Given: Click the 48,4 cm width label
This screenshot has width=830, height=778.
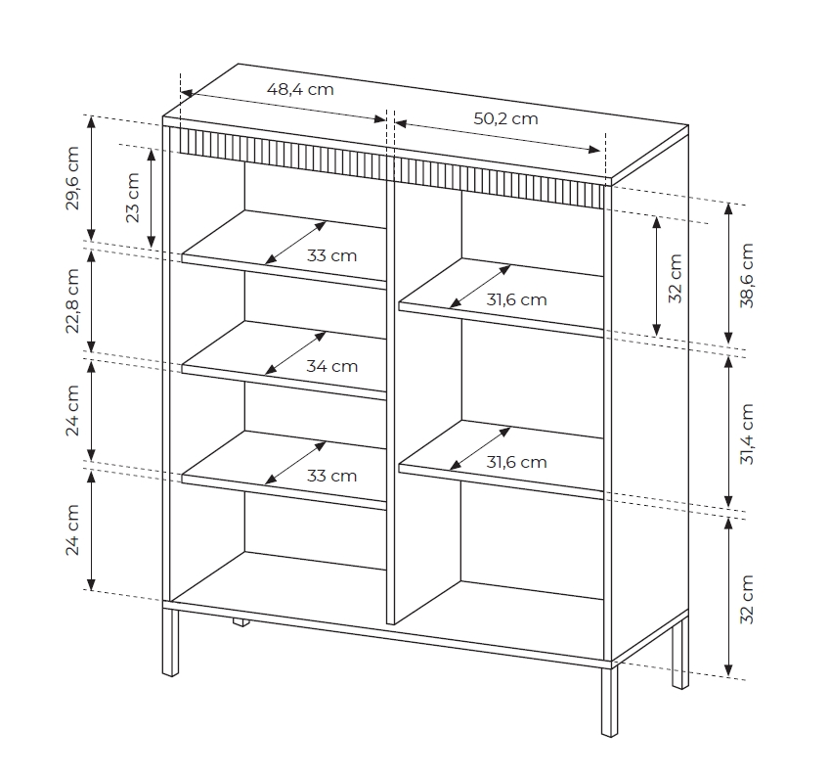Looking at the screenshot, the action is pyautogui.click(x=300, y=89).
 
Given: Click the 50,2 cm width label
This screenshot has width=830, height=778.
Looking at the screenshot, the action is pyautogui.click(x=505, y=118).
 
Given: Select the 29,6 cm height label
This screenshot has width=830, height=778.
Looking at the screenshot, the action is pyautogui.click(x=72, y=178).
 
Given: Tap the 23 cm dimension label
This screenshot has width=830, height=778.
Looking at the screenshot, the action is pyautogui.click(x=133, y=198).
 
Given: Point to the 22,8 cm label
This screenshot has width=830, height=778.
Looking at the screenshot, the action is pyautogui.click(x=72, y=300).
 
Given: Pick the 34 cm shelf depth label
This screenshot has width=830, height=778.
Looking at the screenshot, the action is pyautogui.click(x=331, y=366).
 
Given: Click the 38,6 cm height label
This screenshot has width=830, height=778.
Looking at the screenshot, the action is pyautogui.click(x=746, y=275).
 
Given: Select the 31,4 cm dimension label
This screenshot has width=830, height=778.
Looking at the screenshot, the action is pyautogui.click(x=746, y=434).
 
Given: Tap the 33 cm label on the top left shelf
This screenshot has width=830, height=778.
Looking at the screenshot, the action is pyautogui.click(x=331, y=255).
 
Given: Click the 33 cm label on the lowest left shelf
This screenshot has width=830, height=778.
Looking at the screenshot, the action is pyautogui.click(x=331, y=476).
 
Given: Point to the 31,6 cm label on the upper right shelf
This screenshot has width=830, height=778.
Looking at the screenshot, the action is pyautogui.click(x=516, y=299).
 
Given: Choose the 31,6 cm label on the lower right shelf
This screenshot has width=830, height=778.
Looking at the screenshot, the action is pyautogui.click(x=516, y=462).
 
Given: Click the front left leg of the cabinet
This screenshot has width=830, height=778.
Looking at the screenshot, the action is pyautogui.click(x=170, y=641).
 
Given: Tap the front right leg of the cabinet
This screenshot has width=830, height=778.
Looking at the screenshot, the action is pyautogui.click(x=609, y=701).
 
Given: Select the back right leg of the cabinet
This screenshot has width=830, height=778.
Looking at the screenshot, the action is pyautogui.click(x=680, y=654).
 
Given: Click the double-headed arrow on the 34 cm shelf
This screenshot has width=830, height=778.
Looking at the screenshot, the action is pyautogui.click(x=295, y=353).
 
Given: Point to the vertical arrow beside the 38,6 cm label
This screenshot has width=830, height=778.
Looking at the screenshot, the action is pyautogui.click(x=728, y=273).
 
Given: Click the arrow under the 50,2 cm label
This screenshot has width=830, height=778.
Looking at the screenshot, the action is pyautogui.click(x=498, y=137).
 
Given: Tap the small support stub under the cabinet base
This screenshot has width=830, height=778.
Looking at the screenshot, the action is pyautogui.click(x=240, y=622).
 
